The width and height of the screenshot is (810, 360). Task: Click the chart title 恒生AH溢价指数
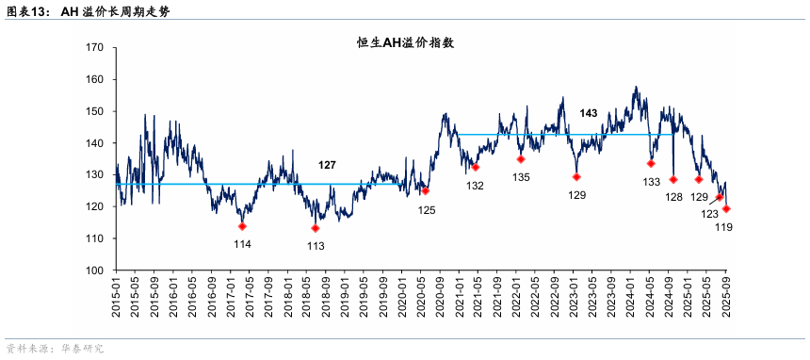pos(405,42)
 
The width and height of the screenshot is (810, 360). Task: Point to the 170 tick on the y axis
pos(93,47)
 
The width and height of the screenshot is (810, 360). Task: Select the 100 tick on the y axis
pos(93,270)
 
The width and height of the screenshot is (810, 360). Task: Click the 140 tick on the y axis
pos(93,143)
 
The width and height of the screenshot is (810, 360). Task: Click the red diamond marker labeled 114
pos(242,226)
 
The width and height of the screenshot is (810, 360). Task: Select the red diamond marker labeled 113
pos(315,228)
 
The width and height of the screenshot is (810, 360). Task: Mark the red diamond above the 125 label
pos(426,190)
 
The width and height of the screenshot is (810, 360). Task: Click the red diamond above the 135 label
pos(521,159)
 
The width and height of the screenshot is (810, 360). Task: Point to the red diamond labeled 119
pos(726,209)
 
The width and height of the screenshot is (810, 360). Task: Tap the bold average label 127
pos(327,165)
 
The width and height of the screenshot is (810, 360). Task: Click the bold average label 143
pos(589,113)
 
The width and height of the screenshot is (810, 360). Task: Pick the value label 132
pos(475,186)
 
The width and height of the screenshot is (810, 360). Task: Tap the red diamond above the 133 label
pos(651,163)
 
